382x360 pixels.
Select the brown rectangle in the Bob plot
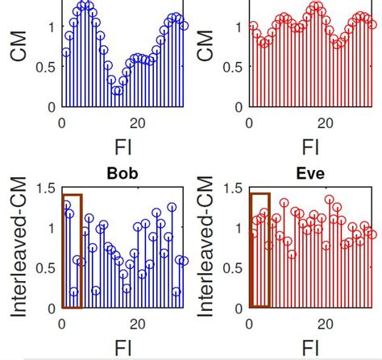(72, 196)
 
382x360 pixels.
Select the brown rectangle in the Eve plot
(260, 194)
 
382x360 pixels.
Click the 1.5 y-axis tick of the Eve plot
(234, 188)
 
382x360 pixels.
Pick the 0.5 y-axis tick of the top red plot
(234, 67)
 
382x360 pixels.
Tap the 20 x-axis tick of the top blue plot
(138, 122)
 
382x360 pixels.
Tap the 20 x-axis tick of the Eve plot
(326, 324)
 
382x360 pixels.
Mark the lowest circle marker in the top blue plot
(117, 90)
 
